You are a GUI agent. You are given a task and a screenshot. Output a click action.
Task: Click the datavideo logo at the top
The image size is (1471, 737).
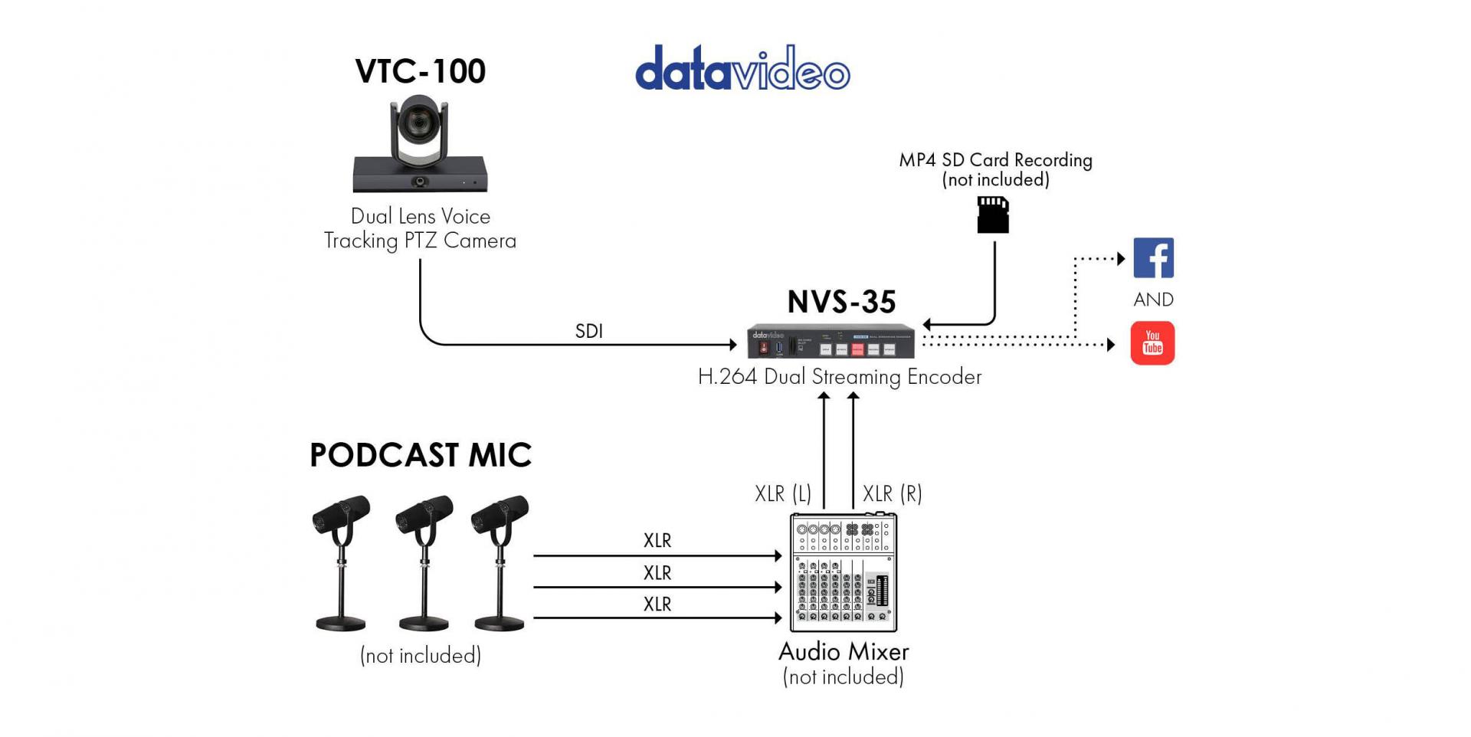(x=742, y=69)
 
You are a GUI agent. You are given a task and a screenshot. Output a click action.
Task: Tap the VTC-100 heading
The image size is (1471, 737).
(x=420, y=71)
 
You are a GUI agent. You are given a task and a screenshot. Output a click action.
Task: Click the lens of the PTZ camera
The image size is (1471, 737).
(x=419, y=122)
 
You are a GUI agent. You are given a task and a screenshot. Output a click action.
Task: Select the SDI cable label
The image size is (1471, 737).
(x=588, y=331)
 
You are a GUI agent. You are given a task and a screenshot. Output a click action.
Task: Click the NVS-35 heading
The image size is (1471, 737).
(x=841, y=302)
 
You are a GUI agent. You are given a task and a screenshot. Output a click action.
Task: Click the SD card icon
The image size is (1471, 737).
(x=993, y=215)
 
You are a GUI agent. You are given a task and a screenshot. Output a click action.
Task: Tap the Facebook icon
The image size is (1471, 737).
(x=1153, y=258)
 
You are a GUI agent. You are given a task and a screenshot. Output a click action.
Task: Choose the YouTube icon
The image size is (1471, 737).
(x=1152, y=342)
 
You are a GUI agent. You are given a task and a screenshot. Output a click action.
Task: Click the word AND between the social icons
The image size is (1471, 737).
(x=1153, y=300)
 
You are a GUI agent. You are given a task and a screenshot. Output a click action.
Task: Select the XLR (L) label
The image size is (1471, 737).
(x=782, y=493)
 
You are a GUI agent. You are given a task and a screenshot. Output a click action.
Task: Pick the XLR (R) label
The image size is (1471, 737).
(x=892, y=493)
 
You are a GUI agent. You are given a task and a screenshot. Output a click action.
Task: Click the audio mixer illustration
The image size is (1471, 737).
(x=843, y=572)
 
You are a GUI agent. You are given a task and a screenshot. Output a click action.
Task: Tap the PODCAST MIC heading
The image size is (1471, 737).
(x=420, y=455)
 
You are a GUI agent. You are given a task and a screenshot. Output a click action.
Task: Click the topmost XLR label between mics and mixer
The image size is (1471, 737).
(x=657, y=540)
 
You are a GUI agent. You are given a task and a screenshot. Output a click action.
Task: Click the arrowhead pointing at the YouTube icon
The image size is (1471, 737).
(x=1111, y=345)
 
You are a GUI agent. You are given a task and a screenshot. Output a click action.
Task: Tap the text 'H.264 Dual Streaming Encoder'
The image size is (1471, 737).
(x=839, y=377)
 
